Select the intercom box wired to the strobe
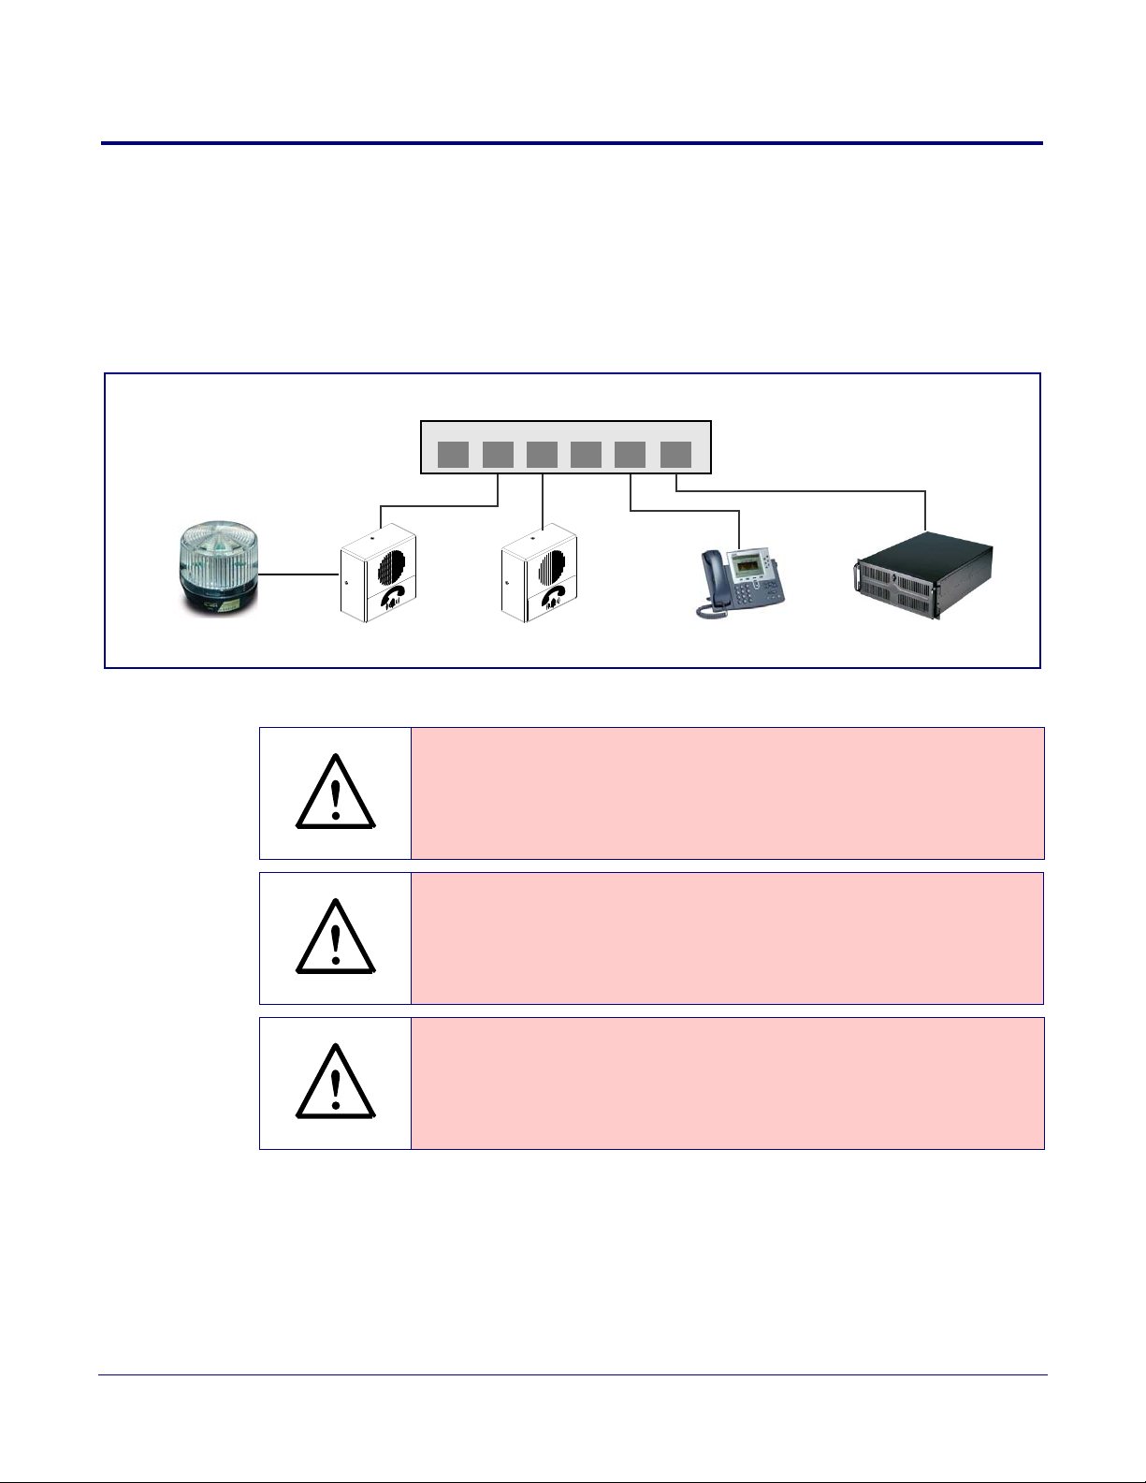point(376,574)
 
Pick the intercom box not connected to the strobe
point(538,574)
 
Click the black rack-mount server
point(923,574)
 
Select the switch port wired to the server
point(675,455)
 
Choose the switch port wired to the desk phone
point(631,455)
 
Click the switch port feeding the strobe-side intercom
point(498,455)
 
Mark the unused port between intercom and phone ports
point(587,455)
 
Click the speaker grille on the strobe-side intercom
point(392,565)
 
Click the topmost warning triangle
point(335,793)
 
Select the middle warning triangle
point(335,938)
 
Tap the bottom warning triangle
point(335,1083)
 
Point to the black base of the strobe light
point(221,601)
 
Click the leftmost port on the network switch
point(454,455)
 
